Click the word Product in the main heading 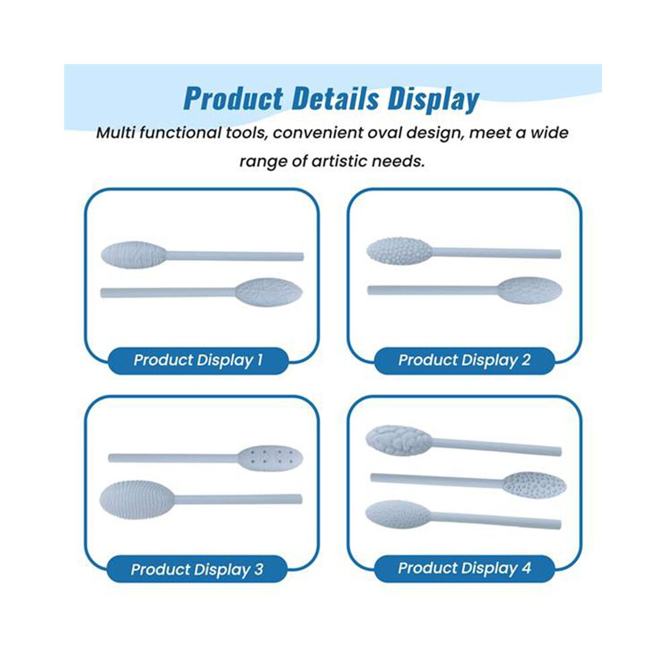(233, 99)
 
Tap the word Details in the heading (335, 98)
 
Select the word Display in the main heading (433, 100)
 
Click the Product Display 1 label (198, 360)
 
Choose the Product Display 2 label (464, 360)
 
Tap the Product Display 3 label (197, 569)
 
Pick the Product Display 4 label (464, 568)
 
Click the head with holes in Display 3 (270, 458)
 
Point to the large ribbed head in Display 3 (137, 499)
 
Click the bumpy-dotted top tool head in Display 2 (400, 251)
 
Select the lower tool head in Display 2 (529, 290)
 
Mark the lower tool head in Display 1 (269, 292)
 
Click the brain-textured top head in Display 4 (399, 440)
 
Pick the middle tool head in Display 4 (534, 484)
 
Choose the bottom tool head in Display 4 (398, 515)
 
